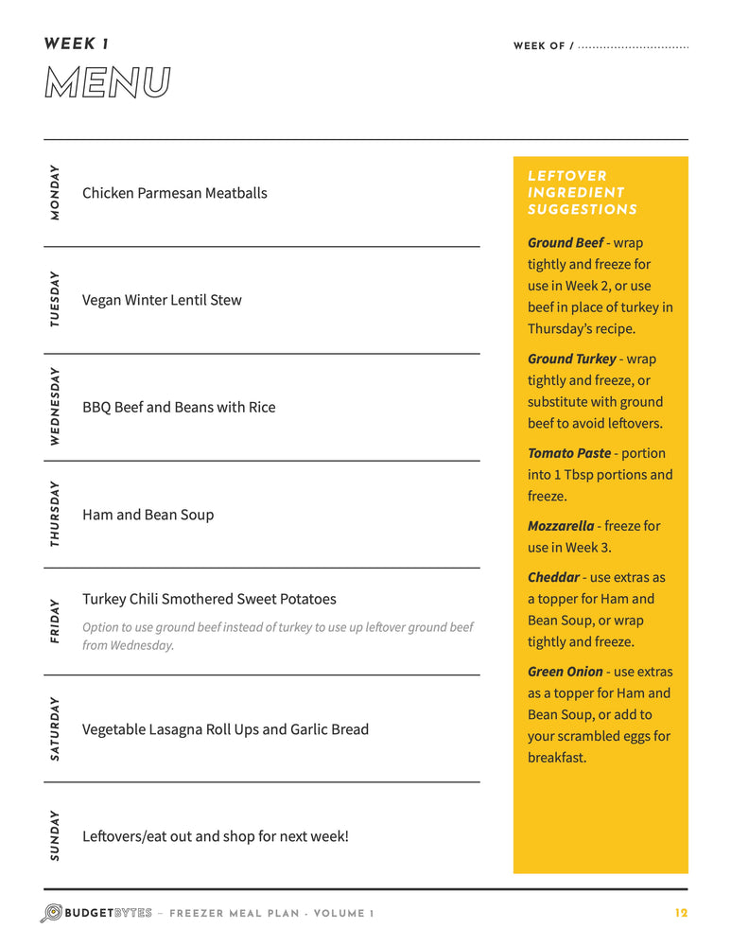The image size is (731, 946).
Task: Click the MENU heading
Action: click(107, 83)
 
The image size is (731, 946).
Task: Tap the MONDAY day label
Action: click(55, 193)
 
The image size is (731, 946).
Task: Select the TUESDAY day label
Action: click(55, 300)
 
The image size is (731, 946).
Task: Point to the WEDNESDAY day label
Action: click(55, 407)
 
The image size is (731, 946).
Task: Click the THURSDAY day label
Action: click(55, 514)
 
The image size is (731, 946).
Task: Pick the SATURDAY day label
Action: click(55, 729)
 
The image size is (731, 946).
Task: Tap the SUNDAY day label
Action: click(55, 836)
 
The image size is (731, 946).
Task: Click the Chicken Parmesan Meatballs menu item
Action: click(175, 193)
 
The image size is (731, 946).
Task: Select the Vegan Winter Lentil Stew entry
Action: click(162, 300)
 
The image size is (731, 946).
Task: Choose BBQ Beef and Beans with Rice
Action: click(179, 407)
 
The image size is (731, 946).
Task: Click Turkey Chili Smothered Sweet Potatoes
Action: click(209, 599)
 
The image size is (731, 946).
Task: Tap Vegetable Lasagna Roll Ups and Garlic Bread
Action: click(225, 729)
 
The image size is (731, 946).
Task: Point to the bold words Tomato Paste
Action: click(569, 453)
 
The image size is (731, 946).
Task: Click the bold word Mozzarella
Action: click(561, 525)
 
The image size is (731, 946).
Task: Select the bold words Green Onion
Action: click(566, 672)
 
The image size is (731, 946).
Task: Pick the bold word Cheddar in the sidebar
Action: click(553, 577)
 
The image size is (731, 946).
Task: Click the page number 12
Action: click(681, 913)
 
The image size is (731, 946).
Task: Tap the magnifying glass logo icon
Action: click(51, 913)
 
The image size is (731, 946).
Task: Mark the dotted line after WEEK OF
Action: click(633, 46)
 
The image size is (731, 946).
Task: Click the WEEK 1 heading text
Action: click(77, 44)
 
